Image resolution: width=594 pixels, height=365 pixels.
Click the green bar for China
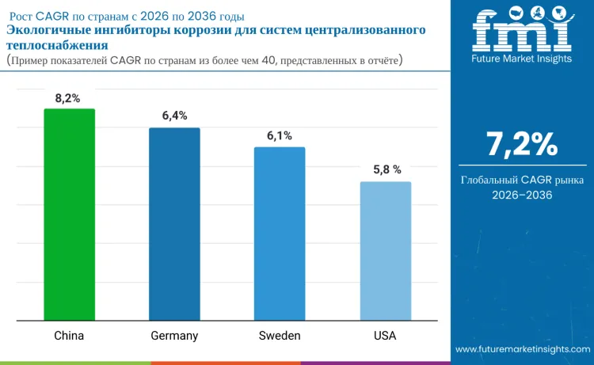click(69, 215)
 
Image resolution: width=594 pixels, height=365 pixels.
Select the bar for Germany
click(174, 224)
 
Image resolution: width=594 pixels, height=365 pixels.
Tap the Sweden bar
click(280, 234)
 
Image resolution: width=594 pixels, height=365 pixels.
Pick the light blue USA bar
click(385, 251)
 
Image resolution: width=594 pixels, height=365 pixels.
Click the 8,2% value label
click(68, 97)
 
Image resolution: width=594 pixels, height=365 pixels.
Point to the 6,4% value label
click(174, 116)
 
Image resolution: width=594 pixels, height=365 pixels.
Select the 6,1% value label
click(280, 135)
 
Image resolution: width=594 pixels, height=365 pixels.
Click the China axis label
click(69, 336)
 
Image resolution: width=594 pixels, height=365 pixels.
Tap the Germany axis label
click(174, 336)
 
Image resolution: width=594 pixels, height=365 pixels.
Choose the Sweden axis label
click(280, 336)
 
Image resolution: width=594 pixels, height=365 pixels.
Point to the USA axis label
click(385, 336)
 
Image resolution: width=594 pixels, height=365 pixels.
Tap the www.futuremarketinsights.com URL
click(523, 349)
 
